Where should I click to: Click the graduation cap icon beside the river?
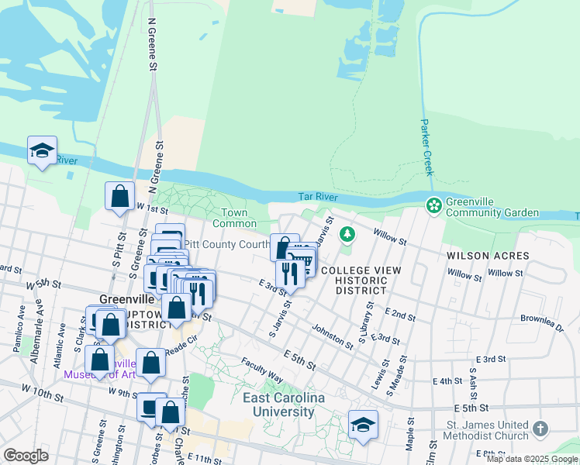point(42,150)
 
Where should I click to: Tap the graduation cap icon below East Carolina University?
point(363,425)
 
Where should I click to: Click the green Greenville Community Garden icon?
point(433,206)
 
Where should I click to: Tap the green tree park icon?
point(348,233)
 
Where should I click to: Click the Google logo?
point(26,456)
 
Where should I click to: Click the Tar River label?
point(318,198)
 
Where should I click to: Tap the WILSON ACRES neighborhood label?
point(488,256)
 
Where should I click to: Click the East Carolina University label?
point(278,405)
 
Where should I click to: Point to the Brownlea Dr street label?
point(542,323)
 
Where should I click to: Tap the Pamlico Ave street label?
point(20,329)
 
